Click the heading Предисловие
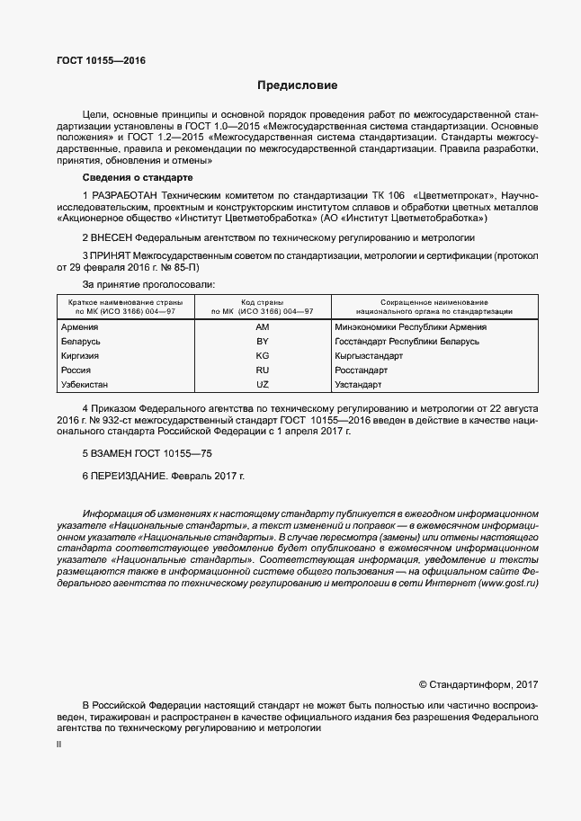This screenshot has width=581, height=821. (x=297, y=86)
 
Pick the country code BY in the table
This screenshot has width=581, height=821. (x=263, y=342)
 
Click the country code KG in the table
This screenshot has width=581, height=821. (x=263, y=356)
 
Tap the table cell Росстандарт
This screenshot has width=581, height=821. (x=361, y=370)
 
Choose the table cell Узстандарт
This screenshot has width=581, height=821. (x=358, y=385)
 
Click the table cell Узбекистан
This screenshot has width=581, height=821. (x=85, y=385)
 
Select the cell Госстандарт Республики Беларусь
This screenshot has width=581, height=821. (x=407, y=342)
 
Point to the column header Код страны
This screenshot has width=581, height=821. (x=263, y=301)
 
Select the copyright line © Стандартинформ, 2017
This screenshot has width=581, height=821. (x=478, y=685)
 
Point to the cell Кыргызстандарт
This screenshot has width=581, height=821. (x=368, y=356)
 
